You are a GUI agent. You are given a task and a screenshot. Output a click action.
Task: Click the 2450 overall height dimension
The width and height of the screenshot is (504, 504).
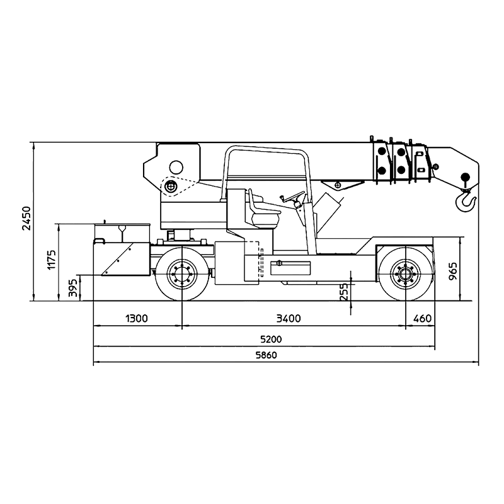[x=26, y=218]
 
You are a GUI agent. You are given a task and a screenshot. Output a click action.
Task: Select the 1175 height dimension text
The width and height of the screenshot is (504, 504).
[x=52, y=260]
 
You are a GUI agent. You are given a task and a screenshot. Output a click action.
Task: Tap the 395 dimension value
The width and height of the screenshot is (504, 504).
[x=73, y=288]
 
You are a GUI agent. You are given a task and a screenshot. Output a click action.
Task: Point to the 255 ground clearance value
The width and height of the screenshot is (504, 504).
[x=343, y=292]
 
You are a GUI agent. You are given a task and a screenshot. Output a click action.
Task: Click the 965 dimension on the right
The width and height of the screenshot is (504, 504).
[x=452, y=271]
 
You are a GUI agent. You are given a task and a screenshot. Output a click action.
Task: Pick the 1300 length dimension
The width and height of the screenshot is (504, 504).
[x=137, y=319]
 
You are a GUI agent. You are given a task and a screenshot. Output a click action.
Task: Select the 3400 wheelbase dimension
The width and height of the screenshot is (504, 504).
[x=289, y=319]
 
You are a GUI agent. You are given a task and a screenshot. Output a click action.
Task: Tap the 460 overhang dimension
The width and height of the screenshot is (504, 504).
[x=422, y=319]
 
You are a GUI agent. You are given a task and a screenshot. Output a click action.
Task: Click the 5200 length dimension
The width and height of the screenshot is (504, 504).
[x=271, y=339]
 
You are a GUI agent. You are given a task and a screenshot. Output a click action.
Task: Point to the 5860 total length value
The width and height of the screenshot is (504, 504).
[x=266, y=355]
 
